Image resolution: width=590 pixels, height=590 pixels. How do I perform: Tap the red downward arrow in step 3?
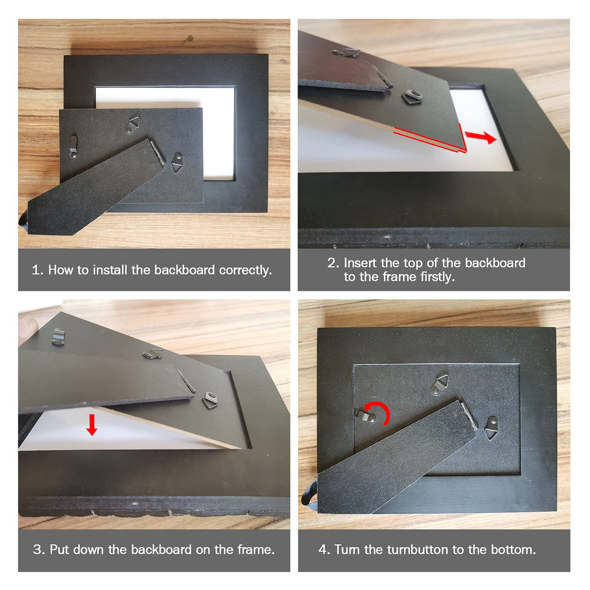pos(91,425)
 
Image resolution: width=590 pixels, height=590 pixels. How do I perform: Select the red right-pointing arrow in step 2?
pos(480,137)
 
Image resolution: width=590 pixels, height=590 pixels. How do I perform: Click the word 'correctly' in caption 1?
pos(245,270)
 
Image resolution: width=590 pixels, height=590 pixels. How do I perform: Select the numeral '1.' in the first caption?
pos(38,270)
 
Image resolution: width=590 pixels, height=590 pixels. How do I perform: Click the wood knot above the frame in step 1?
pos(190,38)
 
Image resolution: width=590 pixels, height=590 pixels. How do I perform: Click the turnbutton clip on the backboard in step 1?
pos(73,147)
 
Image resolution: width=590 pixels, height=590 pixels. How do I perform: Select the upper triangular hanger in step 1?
pos(133,125)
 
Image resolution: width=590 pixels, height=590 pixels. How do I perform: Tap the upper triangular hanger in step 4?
pos(440,385)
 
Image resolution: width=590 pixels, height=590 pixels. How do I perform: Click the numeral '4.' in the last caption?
pos(324,549)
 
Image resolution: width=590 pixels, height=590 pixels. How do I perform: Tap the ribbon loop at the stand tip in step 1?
pos(24,220)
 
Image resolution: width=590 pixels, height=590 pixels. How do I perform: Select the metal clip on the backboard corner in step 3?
pos(58,336)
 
